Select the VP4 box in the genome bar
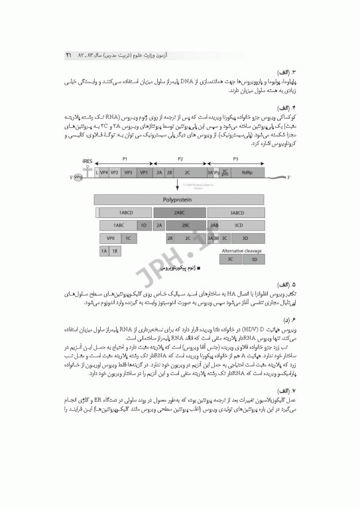[x=104, y=172]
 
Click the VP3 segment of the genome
[x=129, y=172]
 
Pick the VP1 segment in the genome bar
[x=144, y=172]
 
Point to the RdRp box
[x=247, y=172]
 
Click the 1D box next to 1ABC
[x=143, y=225]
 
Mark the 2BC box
[x=185, y=225]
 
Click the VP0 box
[x=110, y=237]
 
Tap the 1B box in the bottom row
[x=115, y=251]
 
